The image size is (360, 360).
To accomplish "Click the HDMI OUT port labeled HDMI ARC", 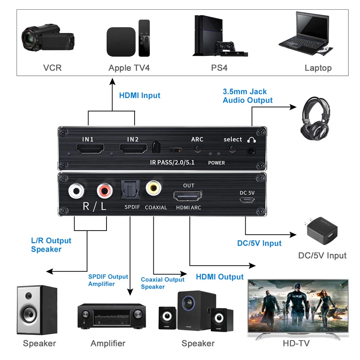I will click(x=187, y=196).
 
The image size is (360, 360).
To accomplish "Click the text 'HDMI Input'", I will click(x=139, y=95).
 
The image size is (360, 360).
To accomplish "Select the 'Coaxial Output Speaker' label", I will click(x=163, y=283).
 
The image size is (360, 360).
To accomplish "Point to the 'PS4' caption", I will click(x=219, y=68).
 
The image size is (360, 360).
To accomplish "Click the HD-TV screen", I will click(x=298, y=306).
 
